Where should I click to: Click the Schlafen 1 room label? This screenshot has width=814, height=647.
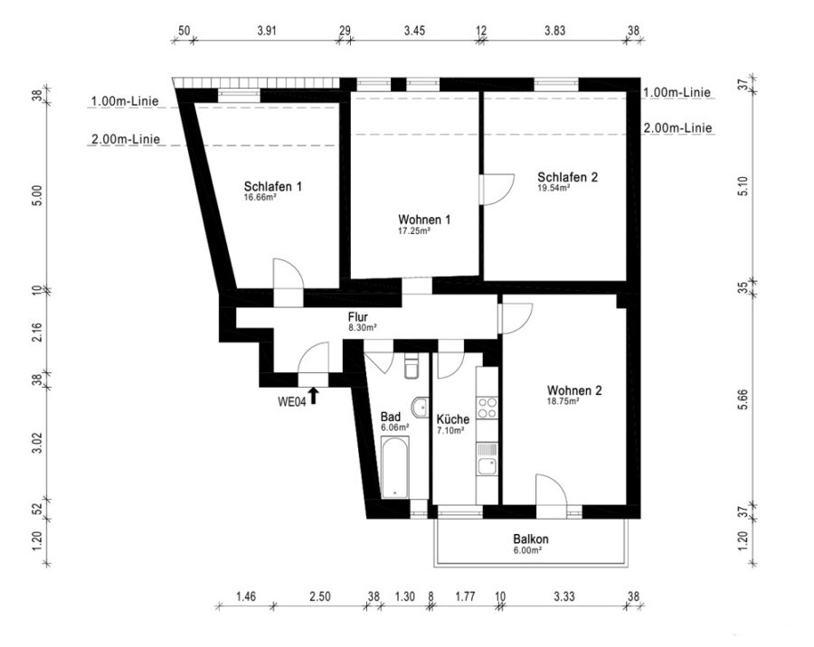pos(272,186)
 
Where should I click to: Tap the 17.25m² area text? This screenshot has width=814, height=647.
pos(413,231)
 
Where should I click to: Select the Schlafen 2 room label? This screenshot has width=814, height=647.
pos(567,177)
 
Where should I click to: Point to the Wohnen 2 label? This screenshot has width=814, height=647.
pos(574,390)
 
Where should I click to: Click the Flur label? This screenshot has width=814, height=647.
pos(357,317)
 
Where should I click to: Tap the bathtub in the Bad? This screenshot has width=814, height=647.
pos(395,467)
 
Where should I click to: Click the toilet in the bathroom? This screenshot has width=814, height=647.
pos(411,366)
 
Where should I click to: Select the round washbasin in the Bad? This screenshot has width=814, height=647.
pos(420,408)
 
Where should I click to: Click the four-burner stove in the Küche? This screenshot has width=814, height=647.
pos(487,408)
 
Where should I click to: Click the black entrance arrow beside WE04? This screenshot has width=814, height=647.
pos(313,396)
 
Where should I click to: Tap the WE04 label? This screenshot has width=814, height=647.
pos(292,401)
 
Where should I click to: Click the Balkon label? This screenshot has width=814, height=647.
pos(531,539)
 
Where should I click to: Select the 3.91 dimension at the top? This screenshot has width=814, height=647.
pos(267,31)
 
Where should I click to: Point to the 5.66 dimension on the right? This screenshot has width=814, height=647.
pos(743,399)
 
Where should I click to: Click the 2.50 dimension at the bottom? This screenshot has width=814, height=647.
pos(320,596)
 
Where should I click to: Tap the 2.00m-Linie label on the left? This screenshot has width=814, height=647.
pos(126,139)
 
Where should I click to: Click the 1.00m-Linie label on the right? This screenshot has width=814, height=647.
pos(677,92)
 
